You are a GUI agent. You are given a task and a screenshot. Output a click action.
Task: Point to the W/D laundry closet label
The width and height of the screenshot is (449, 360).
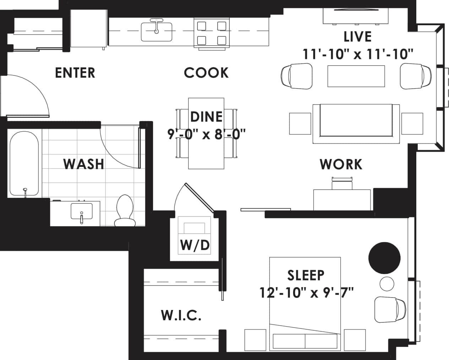tap(195, 245)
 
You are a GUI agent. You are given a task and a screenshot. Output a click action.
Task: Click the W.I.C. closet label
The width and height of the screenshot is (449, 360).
tap(181, 315)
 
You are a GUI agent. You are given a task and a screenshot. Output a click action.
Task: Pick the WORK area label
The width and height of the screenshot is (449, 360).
tap(341, 164)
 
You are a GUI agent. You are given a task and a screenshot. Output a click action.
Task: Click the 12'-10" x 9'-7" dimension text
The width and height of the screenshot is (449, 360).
tap(306, 293)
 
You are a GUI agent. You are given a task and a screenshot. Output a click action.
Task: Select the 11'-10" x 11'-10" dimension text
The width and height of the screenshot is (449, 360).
tap(358, 54)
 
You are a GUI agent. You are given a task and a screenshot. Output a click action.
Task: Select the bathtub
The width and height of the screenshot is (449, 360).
tap(24, 164)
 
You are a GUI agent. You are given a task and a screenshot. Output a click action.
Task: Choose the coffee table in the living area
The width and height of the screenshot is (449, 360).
tap(356, 76)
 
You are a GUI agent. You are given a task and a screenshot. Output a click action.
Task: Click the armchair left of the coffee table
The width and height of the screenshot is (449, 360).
tap(296, 76)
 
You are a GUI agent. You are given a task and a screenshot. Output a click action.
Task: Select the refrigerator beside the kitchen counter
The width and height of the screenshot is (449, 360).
tap(88, 28)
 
